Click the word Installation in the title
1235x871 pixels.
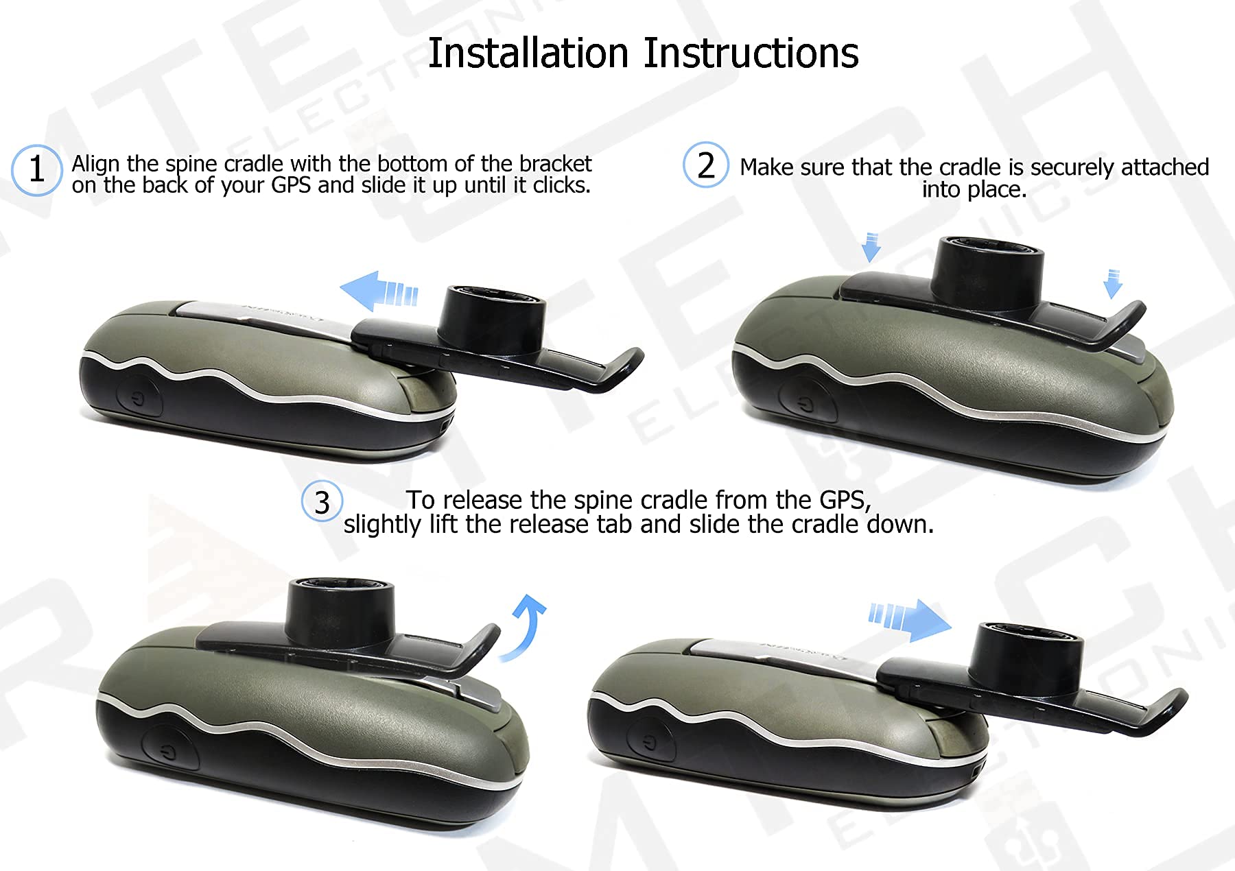(x=528, y=53)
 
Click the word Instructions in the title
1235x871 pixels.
(x=751, y=53)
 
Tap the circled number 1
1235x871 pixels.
(x=37, y=169)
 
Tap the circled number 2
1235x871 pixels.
(x=705, y=165)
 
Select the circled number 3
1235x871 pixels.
(x=322, y=502)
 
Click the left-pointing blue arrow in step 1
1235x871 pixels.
(x=378, y=291)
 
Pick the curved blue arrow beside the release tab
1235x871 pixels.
(x=526, y=626)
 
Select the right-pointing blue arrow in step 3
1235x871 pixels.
(x=910, y=619)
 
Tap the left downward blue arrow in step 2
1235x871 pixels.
(x=871, y=247)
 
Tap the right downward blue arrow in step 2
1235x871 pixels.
(x=1112, y=283)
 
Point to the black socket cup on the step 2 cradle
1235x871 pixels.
(x=989, y=274)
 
